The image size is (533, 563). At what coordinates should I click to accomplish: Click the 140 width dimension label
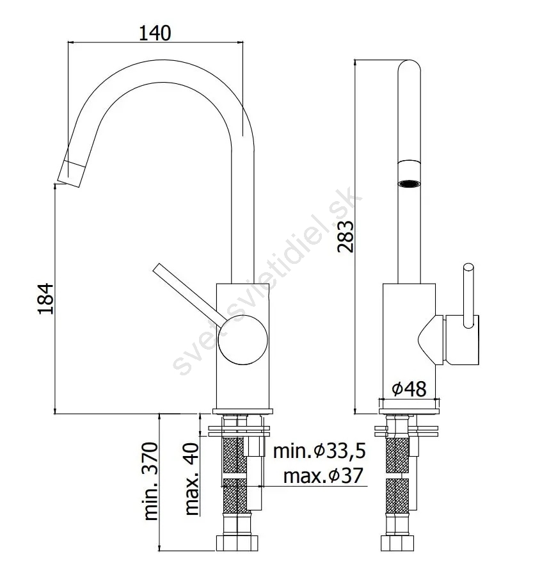[x=155, y=33]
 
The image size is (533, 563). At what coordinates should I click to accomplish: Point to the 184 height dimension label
[x=46, y=299]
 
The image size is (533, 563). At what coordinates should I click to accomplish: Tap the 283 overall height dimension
[x=346, y=236]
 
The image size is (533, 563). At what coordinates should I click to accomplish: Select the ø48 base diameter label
[x=409, y=389]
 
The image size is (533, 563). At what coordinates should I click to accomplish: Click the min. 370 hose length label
[x=150, y=482]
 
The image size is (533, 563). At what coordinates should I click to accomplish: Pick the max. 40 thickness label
[x=191, y=479]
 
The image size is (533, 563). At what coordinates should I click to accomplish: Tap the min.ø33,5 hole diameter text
[x=319, y=451]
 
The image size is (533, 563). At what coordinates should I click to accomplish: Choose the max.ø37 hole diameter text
[x=323, y=476]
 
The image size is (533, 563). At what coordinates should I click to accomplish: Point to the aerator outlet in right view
[x=409, y=184]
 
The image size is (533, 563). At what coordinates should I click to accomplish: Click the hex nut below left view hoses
[x=237, y=543]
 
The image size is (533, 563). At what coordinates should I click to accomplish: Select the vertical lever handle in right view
[x=468, y=296]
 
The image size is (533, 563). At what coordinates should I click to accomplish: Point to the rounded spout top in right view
[x=409, y=69]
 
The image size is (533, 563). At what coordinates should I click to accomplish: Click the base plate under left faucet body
[x=243, y=412]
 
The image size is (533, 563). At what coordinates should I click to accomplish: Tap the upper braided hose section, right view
[x=397, y=455]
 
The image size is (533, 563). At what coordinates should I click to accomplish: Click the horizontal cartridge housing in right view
[x=461, y=340]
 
